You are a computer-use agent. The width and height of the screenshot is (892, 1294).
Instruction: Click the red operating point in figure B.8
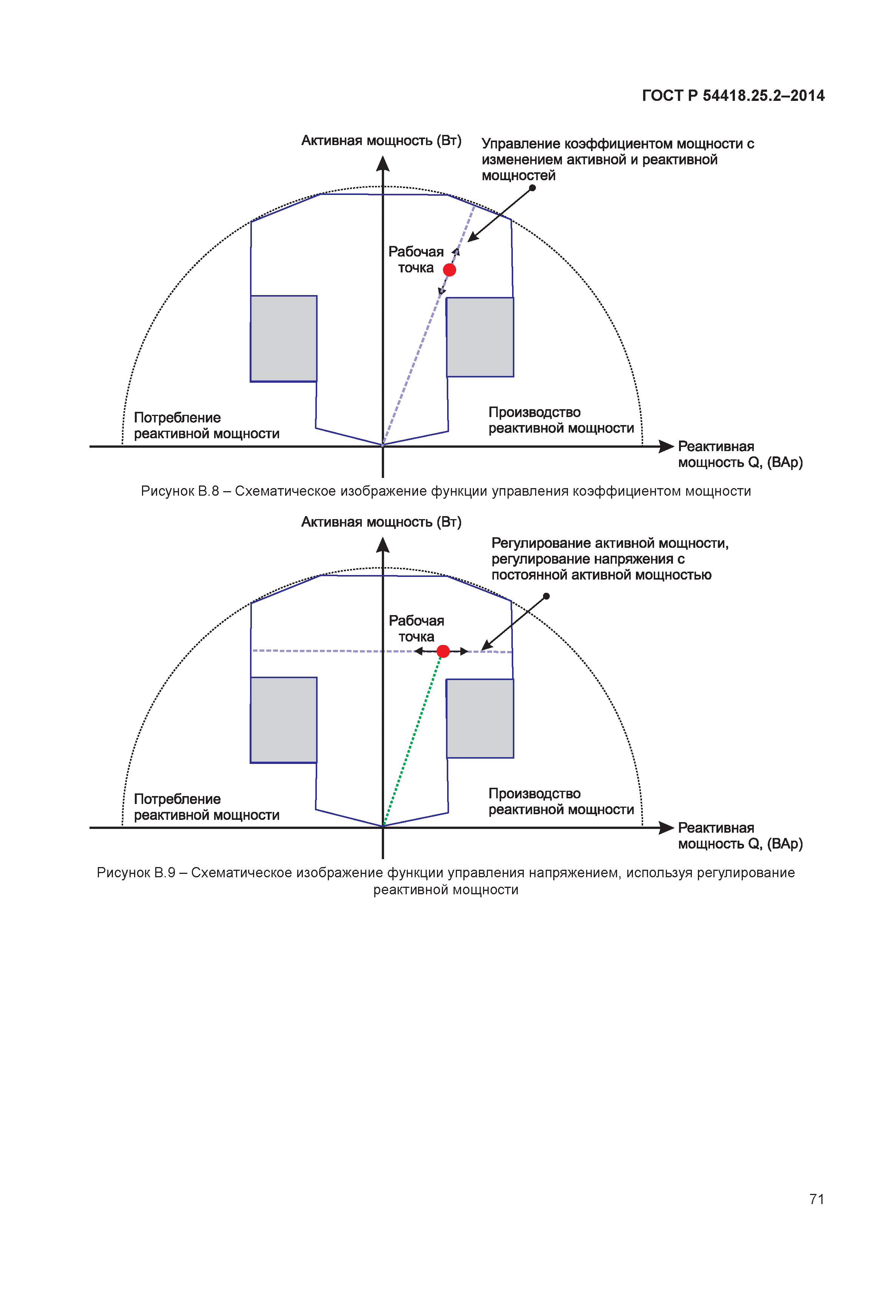coord(449,270)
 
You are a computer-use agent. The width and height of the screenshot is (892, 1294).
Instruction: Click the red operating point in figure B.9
coord(443,651)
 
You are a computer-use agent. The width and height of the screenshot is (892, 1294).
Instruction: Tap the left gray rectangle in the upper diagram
coord(283,338)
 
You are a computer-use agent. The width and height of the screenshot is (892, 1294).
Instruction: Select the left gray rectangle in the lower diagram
coord(283,720)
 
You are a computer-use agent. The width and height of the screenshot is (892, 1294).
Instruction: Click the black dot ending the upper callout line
coord(532,188)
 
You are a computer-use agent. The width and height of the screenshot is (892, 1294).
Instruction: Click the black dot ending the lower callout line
coord(546,596)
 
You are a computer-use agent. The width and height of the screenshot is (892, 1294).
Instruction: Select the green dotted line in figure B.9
coord(412,738)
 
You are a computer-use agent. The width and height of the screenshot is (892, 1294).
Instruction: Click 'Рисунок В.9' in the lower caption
coord(136,872)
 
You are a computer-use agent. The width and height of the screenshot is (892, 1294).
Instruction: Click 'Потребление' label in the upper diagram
coord(177,418)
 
